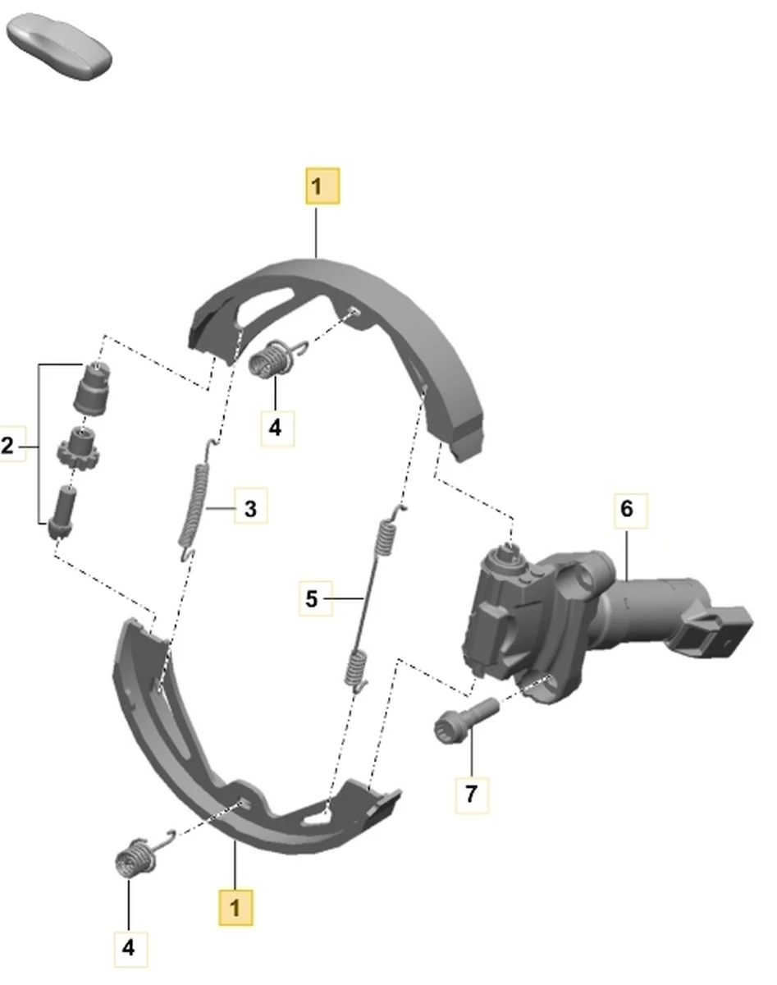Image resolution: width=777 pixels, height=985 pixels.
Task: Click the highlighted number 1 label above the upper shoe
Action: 322,186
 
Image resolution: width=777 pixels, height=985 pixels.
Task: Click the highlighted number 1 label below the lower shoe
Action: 235,908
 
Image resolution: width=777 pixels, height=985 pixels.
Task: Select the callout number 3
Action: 251,509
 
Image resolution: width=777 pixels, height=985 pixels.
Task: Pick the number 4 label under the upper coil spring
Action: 277,428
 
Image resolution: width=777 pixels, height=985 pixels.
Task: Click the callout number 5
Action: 315,598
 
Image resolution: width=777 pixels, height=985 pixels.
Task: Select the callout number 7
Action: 472,794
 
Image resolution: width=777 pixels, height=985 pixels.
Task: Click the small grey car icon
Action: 60,46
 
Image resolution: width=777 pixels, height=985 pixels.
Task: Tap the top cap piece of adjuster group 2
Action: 93,388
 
